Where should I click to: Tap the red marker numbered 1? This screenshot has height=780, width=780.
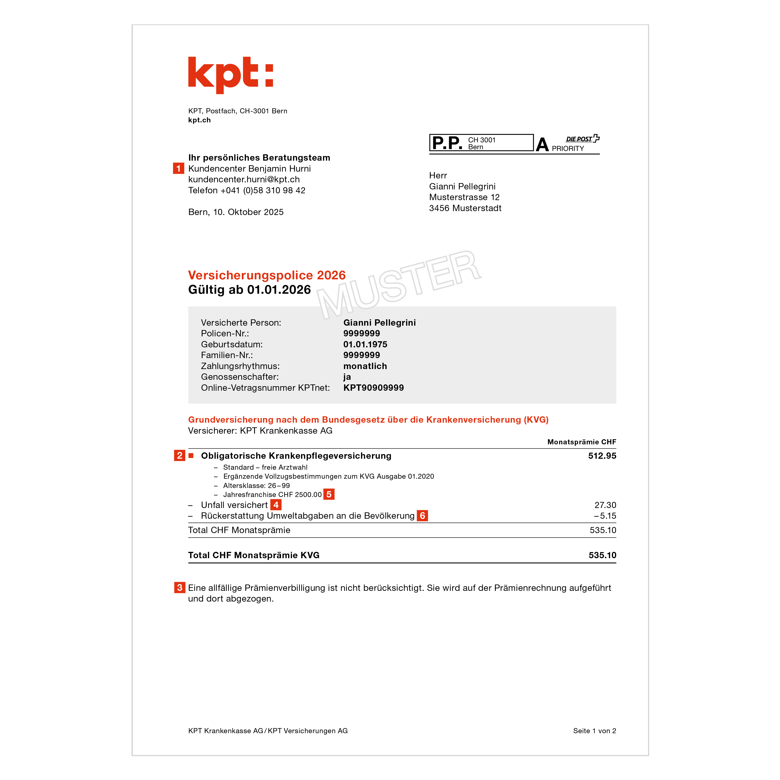tap(178, 168)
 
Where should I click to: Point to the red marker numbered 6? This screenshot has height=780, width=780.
tap(422, 516)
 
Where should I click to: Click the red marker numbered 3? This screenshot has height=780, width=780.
tap(180, 587)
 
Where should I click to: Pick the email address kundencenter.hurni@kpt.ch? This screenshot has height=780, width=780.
tap(244, 179)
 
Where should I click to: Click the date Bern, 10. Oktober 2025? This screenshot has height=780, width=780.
tap(236, 212)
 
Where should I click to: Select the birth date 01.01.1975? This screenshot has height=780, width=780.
tap(365, 344)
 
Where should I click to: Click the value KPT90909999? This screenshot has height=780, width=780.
tap(373, 388)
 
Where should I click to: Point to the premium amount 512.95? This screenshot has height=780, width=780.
tap(602, 456)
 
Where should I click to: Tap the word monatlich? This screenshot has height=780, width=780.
tap(365, 366)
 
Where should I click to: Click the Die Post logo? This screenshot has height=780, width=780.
tap(583, 139)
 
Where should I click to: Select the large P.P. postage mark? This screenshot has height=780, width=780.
tap(447, 143)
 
